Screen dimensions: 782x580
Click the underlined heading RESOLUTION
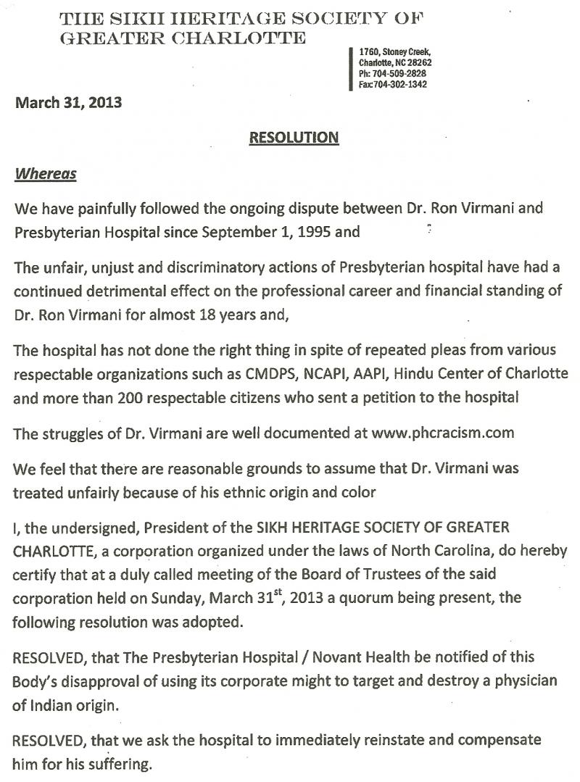(x=294, y=137)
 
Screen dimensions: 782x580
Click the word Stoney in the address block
(x=397, y=52)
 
